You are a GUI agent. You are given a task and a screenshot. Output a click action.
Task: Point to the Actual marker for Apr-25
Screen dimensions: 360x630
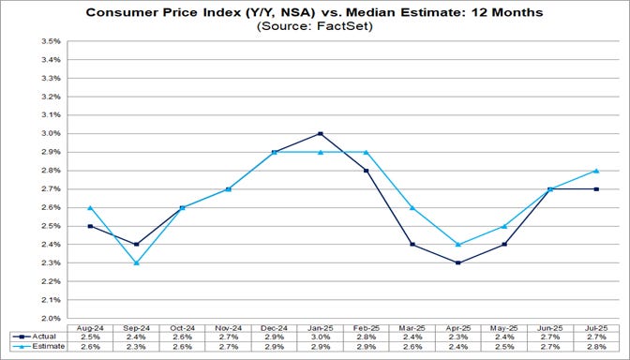tap(459, 262)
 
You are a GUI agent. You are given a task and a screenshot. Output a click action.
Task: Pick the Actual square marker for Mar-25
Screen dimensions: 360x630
tap(412, 244)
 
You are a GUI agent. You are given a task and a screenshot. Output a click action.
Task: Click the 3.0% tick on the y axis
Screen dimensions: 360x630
tap(49, 133)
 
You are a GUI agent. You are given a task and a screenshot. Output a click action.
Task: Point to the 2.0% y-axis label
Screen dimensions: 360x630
tap(49, 319)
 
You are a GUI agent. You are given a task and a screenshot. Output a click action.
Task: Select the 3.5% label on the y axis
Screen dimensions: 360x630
tap(49, 41)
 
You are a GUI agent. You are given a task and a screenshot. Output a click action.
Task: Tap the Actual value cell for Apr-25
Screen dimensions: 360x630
tap(459, 336)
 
